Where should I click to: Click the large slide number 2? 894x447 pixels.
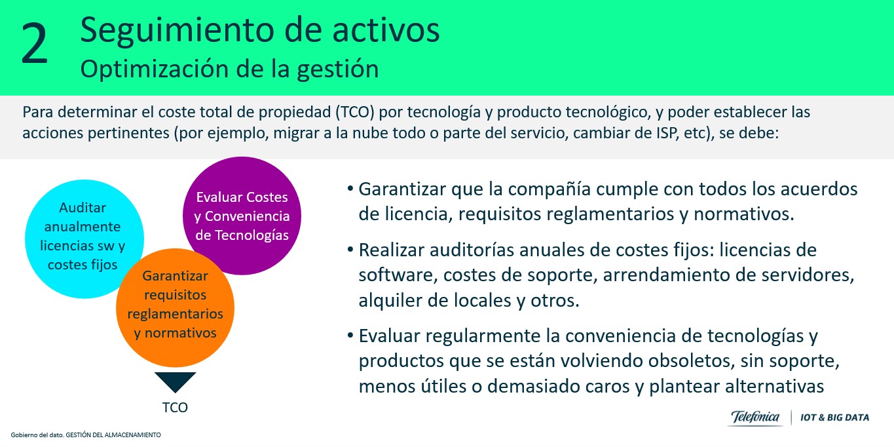click(35, 43)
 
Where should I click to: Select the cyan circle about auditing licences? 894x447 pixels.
click(84, 239)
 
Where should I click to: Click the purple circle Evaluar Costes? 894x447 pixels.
click(242, 216)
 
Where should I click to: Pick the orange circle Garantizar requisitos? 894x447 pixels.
click(176, 307)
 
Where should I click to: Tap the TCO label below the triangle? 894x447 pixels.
click(175, 408)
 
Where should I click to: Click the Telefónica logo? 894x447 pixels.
click(754, 418)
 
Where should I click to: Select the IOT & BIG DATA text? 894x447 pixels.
click(834, 418)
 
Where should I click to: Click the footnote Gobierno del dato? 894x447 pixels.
click(86, 435)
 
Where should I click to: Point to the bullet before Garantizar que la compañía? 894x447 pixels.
click(350, 188)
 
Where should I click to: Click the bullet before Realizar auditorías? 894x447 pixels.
click(350, 250)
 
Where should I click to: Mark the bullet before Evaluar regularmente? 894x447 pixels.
click(350, 335)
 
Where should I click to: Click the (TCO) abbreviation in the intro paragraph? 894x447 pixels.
click(355, 112)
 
